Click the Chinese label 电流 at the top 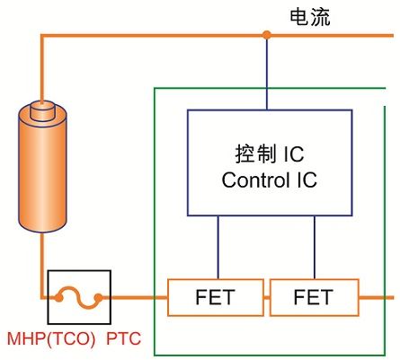pyautogui.click(x=310, y=17)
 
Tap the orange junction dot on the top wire pyautogui.click(x=266, y=35)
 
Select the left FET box pyautogui.click(x=216, y=297)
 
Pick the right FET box pyautogui.click(x=315, y=297)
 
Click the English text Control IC pyautogui.click(x=269, y=180)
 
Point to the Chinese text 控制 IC pyautogui.click(x=270, y=154)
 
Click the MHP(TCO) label pyautogui.click(x=51, y=338)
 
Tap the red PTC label pyautogui.click(x=123, y=338)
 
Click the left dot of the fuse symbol pyautogui.click(x=58, y=297)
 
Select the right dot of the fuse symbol pyautogui.click(x=98, y=297)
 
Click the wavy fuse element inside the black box pyautogui.click(x=78, y=297)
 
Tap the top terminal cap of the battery pyautogui.click(x=42, y=110)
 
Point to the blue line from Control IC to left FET pyautogui.click(x=218, y=247)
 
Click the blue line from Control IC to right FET pyautogui.click(x=315, y=247)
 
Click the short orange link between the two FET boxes pyautogui.click(x=267, y=297)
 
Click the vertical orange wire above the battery pyautogui.click(x=42, y=69)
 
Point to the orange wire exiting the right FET pyautogui.click(x=377, y=297)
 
